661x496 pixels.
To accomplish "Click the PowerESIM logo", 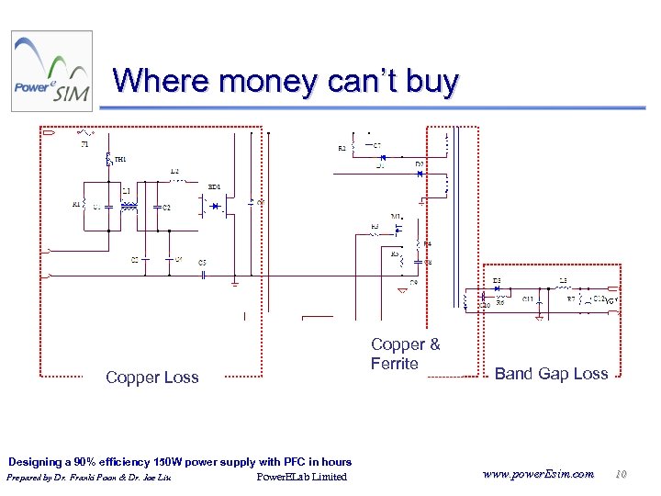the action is point(51,72).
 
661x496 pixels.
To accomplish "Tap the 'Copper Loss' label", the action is point(151,378).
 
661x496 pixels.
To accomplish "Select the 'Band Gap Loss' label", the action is point(551,373).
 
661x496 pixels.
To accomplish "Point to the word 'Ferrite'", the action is point(394,364).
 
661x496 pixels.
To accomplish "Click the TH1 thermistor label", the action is point(120,160).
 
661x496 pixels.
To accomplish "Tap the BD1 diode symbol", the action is point(218,207).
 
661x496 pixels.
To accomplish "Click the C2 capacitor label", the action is point(166,208).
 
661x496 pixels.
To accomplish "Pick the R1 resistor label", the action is point(77,205).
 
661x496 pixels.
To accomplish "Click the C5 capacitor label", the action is point(203,263).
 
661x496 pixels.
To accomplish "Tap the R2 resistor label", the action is point(342,148).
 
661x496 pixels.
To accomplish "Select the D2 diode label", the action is point(419,164).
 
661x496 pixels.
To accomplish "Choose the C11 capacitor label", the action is point(528,299).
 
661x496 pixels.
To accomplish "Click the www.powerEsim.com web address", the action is point(536,474).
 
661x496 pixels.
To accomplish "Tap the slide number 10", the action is point(621,474).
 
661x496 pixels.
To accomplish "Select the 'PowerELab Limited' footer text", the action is point(301,477).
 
